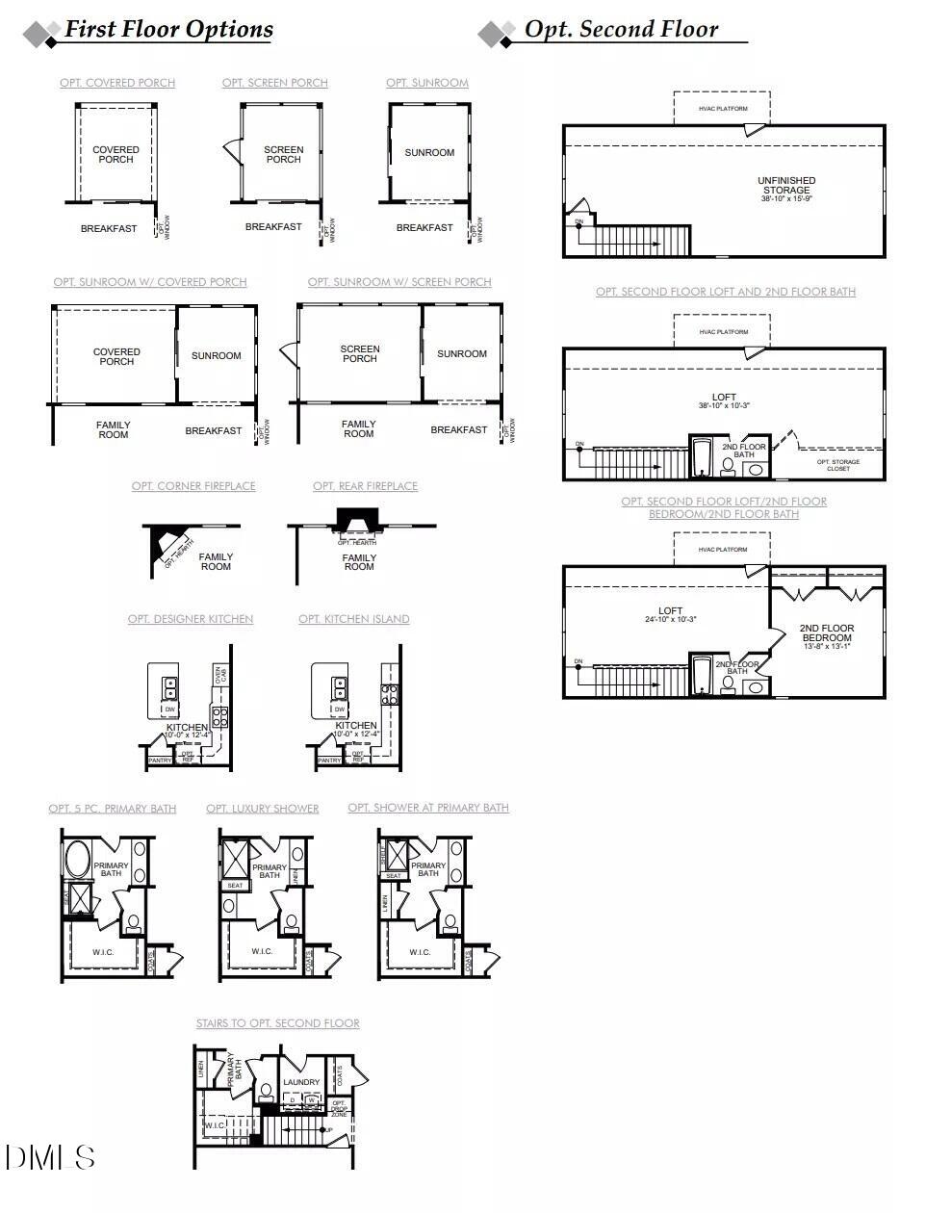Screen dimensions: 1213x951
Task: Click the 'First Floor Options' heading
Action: tap(168, 30)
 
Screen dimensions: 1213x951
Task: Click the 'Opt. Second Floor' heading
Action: tap(621, 30)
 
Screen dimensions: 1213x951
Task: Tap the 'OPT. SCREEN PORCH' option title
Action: tap(274, 83)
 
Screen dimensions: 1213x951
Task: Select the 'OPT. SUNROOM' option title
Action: tap(427, 83)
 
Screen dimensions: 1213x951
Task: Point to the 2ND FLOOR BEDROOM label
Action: tap(826, 632)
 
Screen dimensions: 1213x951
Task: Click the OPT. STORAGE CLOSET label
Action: tap(838, 465)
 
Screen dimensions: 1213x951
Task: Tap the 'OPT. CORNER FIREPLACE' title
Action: tap(193, 486)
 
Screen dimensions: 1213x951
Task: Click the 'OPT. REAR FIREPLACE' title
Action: tap(365, 486)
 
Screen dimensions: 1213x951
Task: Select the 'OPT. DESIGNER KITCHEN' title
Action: tap(191, 619)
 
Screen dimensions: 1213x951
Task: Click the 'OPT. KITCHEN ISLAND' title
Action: tap(353, 619)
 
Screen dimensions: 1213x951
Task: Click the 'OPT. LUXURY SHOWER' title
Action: tap(262, 809)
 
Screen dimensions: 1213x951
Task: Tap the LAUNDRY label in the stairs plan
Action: tap(301, 1082)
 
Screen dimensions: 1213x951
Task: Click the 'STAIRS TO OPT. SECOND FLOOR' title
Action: tap(277, 1023)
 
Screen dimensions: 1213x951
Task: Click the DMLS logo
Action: tap(50, 1157)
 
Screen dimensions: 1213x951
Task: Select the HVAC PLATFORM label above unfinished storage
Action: tap(723, 109)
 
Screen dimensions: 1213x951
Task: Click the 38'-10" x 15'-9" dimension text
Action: tap(786, 199)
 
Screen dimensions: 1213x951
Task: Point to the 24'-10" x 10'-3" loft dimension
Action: tap(670, 619)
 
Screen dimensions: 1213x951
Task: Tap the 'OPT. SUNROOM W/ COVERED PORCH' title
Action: tap(150, 282)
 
